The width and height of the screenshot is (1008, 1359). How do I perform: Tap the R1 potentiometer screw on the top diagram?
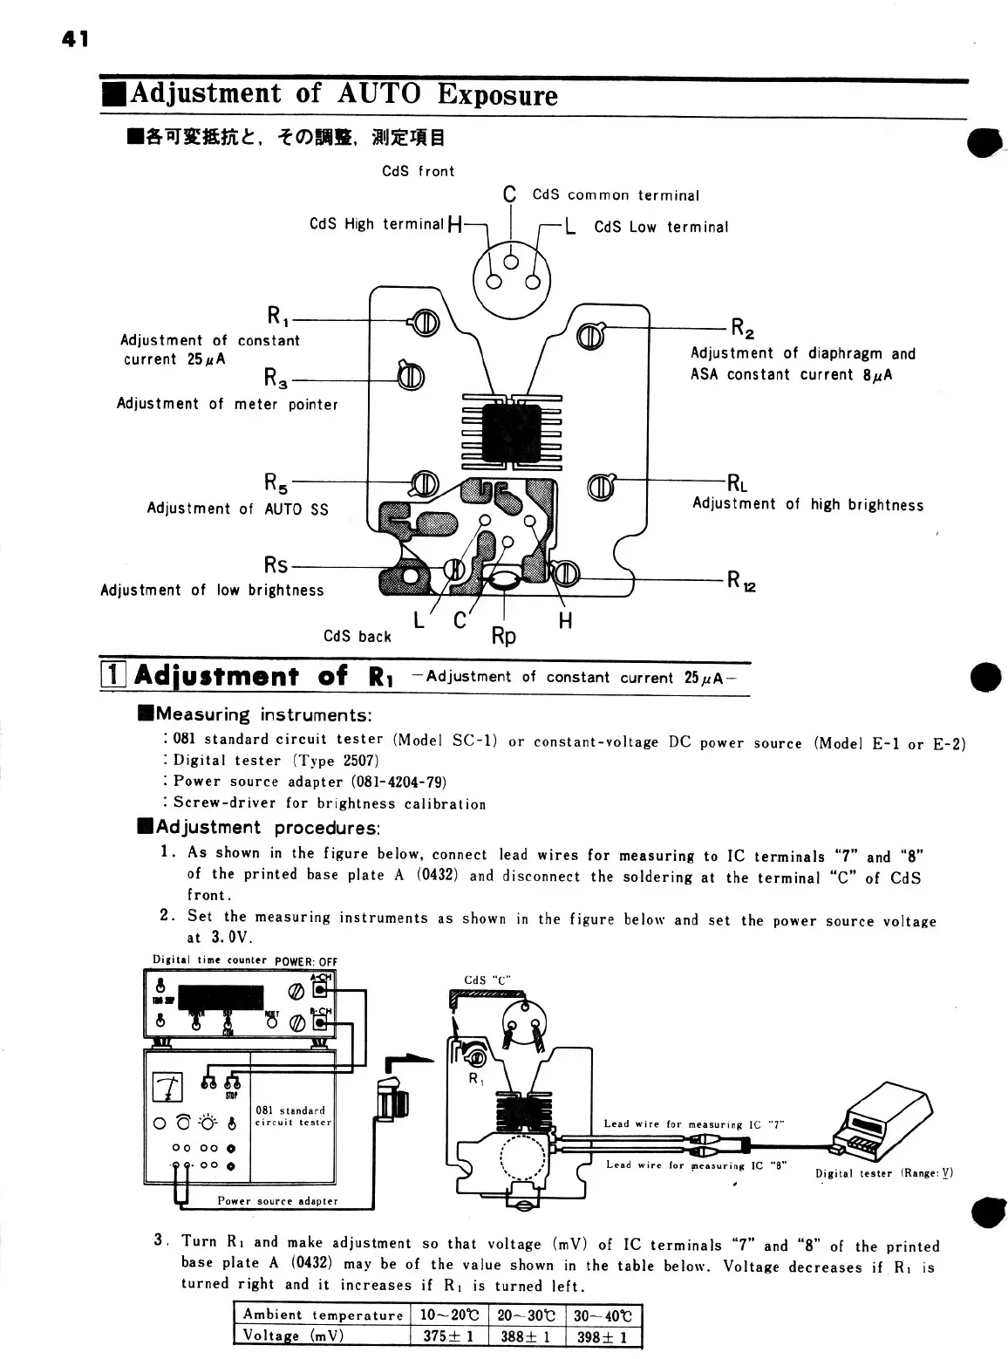tap(426, 323)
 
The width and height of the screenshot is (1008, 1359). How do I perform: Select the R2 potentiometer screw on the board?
tap(590, 336)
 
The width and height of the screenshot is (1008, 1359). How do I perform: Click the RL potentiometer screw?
tap(603, 487)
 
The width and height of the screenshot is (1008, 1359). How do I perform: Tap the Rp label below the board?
tap(504, 636)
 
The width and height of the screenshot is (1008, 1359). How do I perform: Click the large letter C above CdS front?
tap(510, 194)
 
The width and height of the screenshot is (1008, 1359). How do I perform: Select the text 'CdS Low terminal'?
tap(660, 227)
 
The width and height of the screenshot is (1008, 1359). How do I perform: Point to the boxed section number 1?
tap(112, 675)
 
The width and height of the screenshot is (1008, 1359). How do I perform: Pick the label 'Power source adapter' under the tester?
tap(277, 1200)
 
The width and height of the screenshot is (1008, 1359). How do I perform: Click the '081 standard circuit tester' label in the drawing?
tap(290, 1117)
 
